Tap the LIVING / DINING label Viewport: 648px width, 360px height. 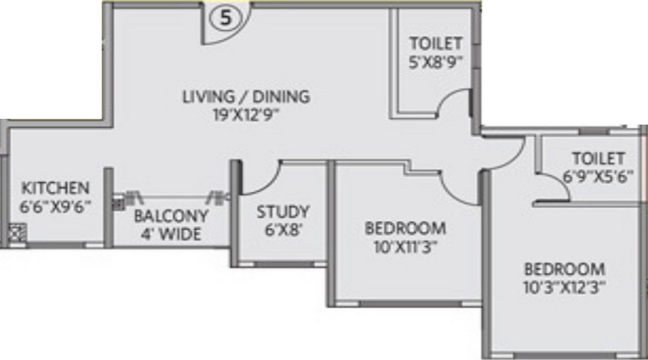click(x=246, y=96)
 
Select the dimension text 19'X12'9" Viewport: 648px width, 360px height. click(x=246, y=113)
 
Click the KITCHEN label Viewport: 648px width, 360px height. click(x=55, y=188)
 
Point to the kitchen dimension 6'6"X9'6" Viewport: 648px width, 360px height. click(x=55, y=205)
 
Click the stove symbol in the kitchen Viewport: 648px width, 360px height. click(x=18, y=233)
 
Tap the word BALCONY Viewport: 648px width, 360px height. click(x=171, y=216)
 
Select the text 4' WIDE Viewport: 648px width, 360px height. click(x=171, y=234)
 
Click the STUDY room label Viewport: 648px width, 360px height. click(x=283, y=212)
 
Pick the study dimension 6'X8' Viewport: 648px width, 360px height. click(x=283, y=230)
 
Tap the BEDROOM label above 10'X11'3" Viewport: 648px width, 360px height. click(x=405, y=229)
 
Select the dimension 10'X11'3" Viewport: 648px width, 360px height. click(x=405, y=247)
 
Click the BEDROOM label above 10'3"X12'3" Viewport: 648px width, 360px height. click(x=564, y=269)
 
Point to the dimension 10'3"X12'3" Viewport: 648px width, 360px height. click(x=564, y=287)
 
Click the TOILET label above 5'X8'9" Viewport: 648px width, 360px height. click(x=436, y=43)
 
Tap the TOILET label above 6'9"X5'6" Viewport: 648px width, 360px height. click(x=597, y=158)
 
